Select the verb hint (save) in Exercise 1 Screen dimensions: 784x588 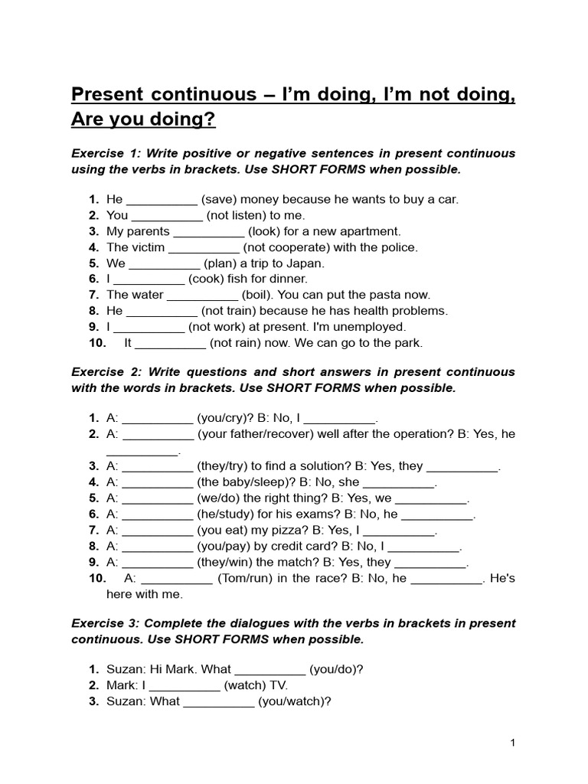click(224, 200)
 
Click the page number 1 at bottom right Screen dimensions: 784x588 click(513, 743)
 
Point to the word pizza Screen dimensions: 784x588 click(305, 531)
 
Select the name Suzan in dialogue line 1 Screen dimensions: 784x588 click(124, 669)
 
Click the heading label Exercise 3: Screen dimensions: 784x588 click(106, 623)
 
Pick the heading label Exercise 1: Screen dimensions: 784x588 click(106, 153)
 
